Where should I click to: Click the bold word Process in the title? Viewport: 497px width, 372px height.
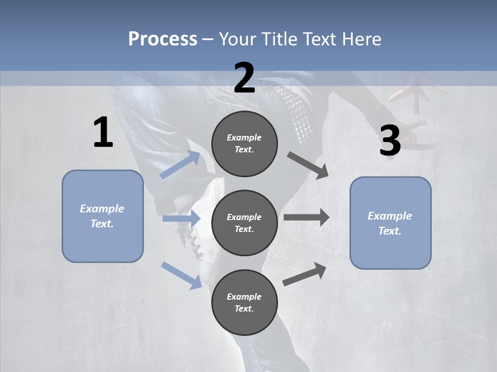(x=163, y=39)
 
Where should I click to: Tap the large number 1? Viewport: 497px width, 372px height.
(x=103, y=133)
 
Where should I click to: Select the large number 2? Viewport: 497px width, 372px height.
(x=244, y=79)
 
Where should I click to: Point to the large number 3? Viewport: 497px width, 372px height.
(x=390, y=141)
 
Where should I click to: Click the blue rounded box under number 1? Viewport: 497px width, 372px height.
(x=103, y=216)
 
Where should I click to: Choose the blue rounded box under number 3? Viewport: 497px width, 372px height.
(x=390, y=223)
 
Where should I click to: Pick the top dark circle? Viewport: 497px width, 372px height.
(x=244, y=144)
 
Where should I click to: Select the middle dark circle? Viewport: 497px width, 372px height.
(x=244, y=223)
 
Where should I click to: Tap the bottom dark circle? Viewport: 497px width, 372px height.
(x=244, y=302)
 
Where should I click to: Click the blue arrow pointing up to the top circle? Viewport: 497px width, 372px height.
(x=180, y=165)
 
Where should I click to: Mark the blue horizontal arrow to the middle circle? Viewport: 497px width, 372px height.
(x=181, y=219)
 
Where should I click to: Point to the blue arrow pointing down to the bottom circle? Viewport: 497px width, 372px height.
(x=182, y=275)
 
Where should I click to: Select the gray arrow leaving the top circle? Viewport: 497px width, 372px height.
(x=308, y=165)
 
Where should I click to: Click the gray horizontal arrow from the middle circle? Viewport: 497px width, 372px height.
(x=306, y=218)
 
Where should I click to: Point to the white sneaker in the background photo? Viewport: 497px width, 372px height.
(x=210, y=233)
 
